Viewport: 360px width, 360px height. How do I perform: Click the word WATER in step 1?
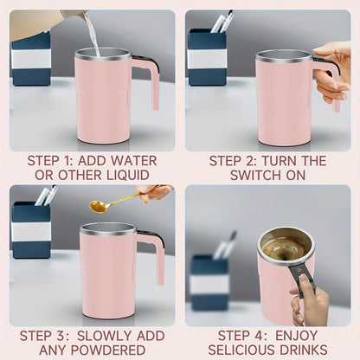coord(133,161)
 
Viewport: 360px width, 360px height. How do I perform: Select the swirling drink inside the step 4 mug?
coord(286,248)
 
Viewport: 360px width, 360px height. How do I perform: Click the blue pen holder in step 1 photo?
coord(30,59)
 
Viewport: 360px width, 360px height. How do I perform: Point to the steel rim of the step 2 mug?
coord(284,55)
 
